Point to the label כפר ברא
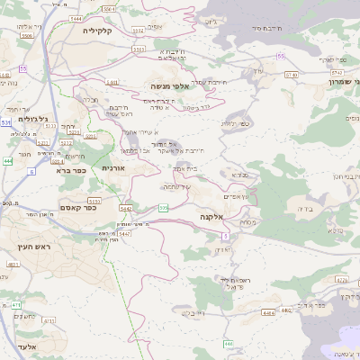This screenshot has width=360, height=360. coord(69,169)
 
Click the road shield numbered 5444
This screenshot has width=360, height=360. coord(76,18)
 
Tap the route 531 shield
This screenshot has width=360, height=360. coord(5,121)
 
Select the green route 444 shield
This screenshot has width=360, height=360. coord(7,161)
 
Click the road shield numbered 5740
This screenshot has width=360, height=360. coord(291,76)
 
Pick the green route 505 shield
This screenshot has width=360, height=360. coord(163,209)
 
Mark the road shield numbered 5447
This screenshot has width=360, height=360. coord(125,233)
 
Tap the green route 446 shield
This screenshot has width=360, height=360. coord(229,344)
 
